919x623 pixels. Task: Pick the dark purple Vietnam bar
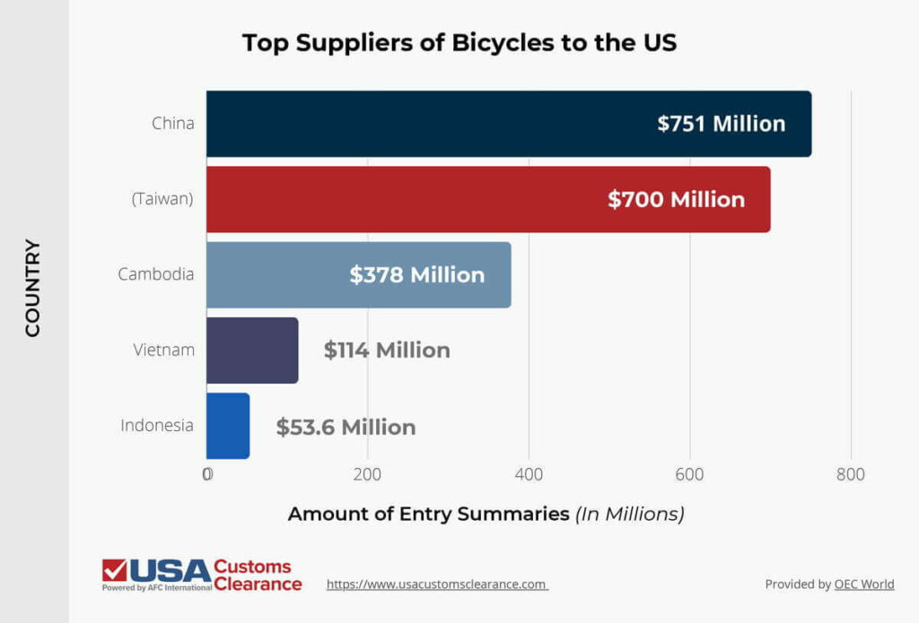[x=252, y=350]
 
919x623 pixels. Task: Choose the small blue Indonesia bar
[x=228, y=426]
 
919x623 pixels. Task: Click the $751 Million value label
[x=721, y=124]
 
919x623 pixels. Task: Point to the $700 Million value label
[x=676, y=199]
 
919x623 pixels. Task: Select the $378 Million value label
[x=416, y=274]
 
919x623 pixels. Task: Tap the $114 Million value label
[x=387, y=350]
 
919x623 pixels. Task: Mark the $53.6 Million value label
[x=346, y=427]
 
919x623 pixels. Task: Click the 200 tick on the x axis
[x=367, y=474]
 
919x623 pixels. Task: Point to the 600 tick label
[x=689, y=474]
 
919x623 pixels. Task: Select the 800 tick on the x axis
[x=850, y=474]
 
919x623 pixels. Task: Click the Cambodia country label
[x=156, y=274]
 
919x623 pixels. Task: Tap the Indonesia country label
[x=157, y=426]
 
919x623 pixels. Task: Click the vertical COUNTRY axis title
[x=33, y=287]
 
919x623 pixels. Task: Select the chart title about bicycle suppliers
[x=459, y=43]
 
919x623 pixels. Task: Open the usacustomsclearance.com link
[x=437, y=584]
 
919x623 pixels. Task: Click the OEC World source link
[x=863, y=584]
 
